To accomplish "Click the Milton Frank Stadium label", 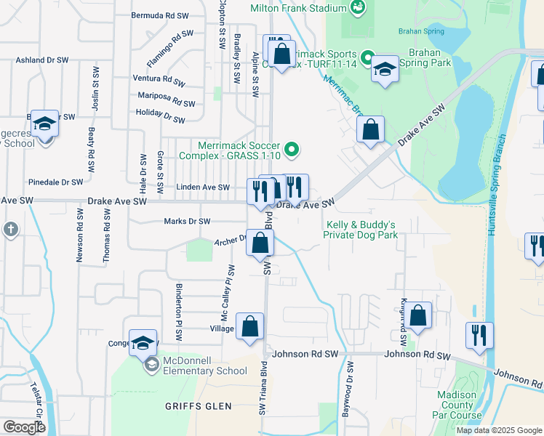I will [x=297, y=8].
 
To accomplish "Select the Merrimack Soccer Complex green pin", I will [x=292, y=150].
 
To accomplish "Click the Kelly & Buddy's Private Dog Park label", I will [x=361, y=230].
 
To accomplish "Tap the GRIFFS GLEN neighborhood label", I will [x=198, y=406].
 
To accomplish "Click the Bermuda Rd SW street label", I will [x=162, y=15].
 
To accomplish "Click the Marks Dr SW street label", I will [x=187, y=222].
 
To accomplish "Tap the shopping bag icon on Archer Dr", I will [x=260, y=242].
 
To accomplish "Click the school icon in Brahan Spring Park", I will [x=384, y=69].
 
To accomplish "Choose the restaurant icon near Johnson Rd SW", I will [x=479, y=335].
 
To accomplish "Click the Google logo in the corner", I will [x=23, y=427].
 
